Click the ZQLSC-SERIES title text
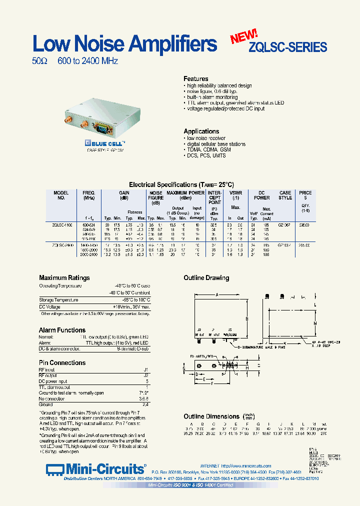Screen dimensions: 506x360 coord(287,47)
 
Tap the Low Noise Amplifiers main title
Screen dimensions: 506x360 coord(124,44)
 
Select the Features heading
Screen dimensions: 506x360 coord(196,79)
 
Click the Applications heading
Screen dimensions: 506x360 coord(201,131)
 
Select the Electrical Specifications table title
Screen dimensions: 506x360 coord(181,184)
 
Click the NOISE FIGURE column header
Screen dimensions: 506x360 coord(156,198)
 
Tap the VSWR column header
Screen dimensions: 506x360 coord(235,193)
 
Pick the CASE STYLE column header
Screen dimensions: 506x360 coord(285,195)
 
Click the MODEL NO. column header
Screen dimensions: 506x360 coord(61,195)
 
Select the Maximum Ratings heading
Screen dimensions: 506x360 coord(64,278)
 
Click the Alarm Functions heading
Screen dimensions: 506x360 coord(62,330)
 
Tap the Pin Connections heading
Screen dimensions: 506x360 coord(62,362)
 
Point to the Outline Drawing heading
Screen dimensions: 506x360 coord(206,278)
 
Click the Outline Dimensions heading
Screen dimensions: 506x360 coord(211,416)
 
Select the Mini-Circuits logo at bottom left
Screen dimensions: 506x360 coord(95,469)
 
